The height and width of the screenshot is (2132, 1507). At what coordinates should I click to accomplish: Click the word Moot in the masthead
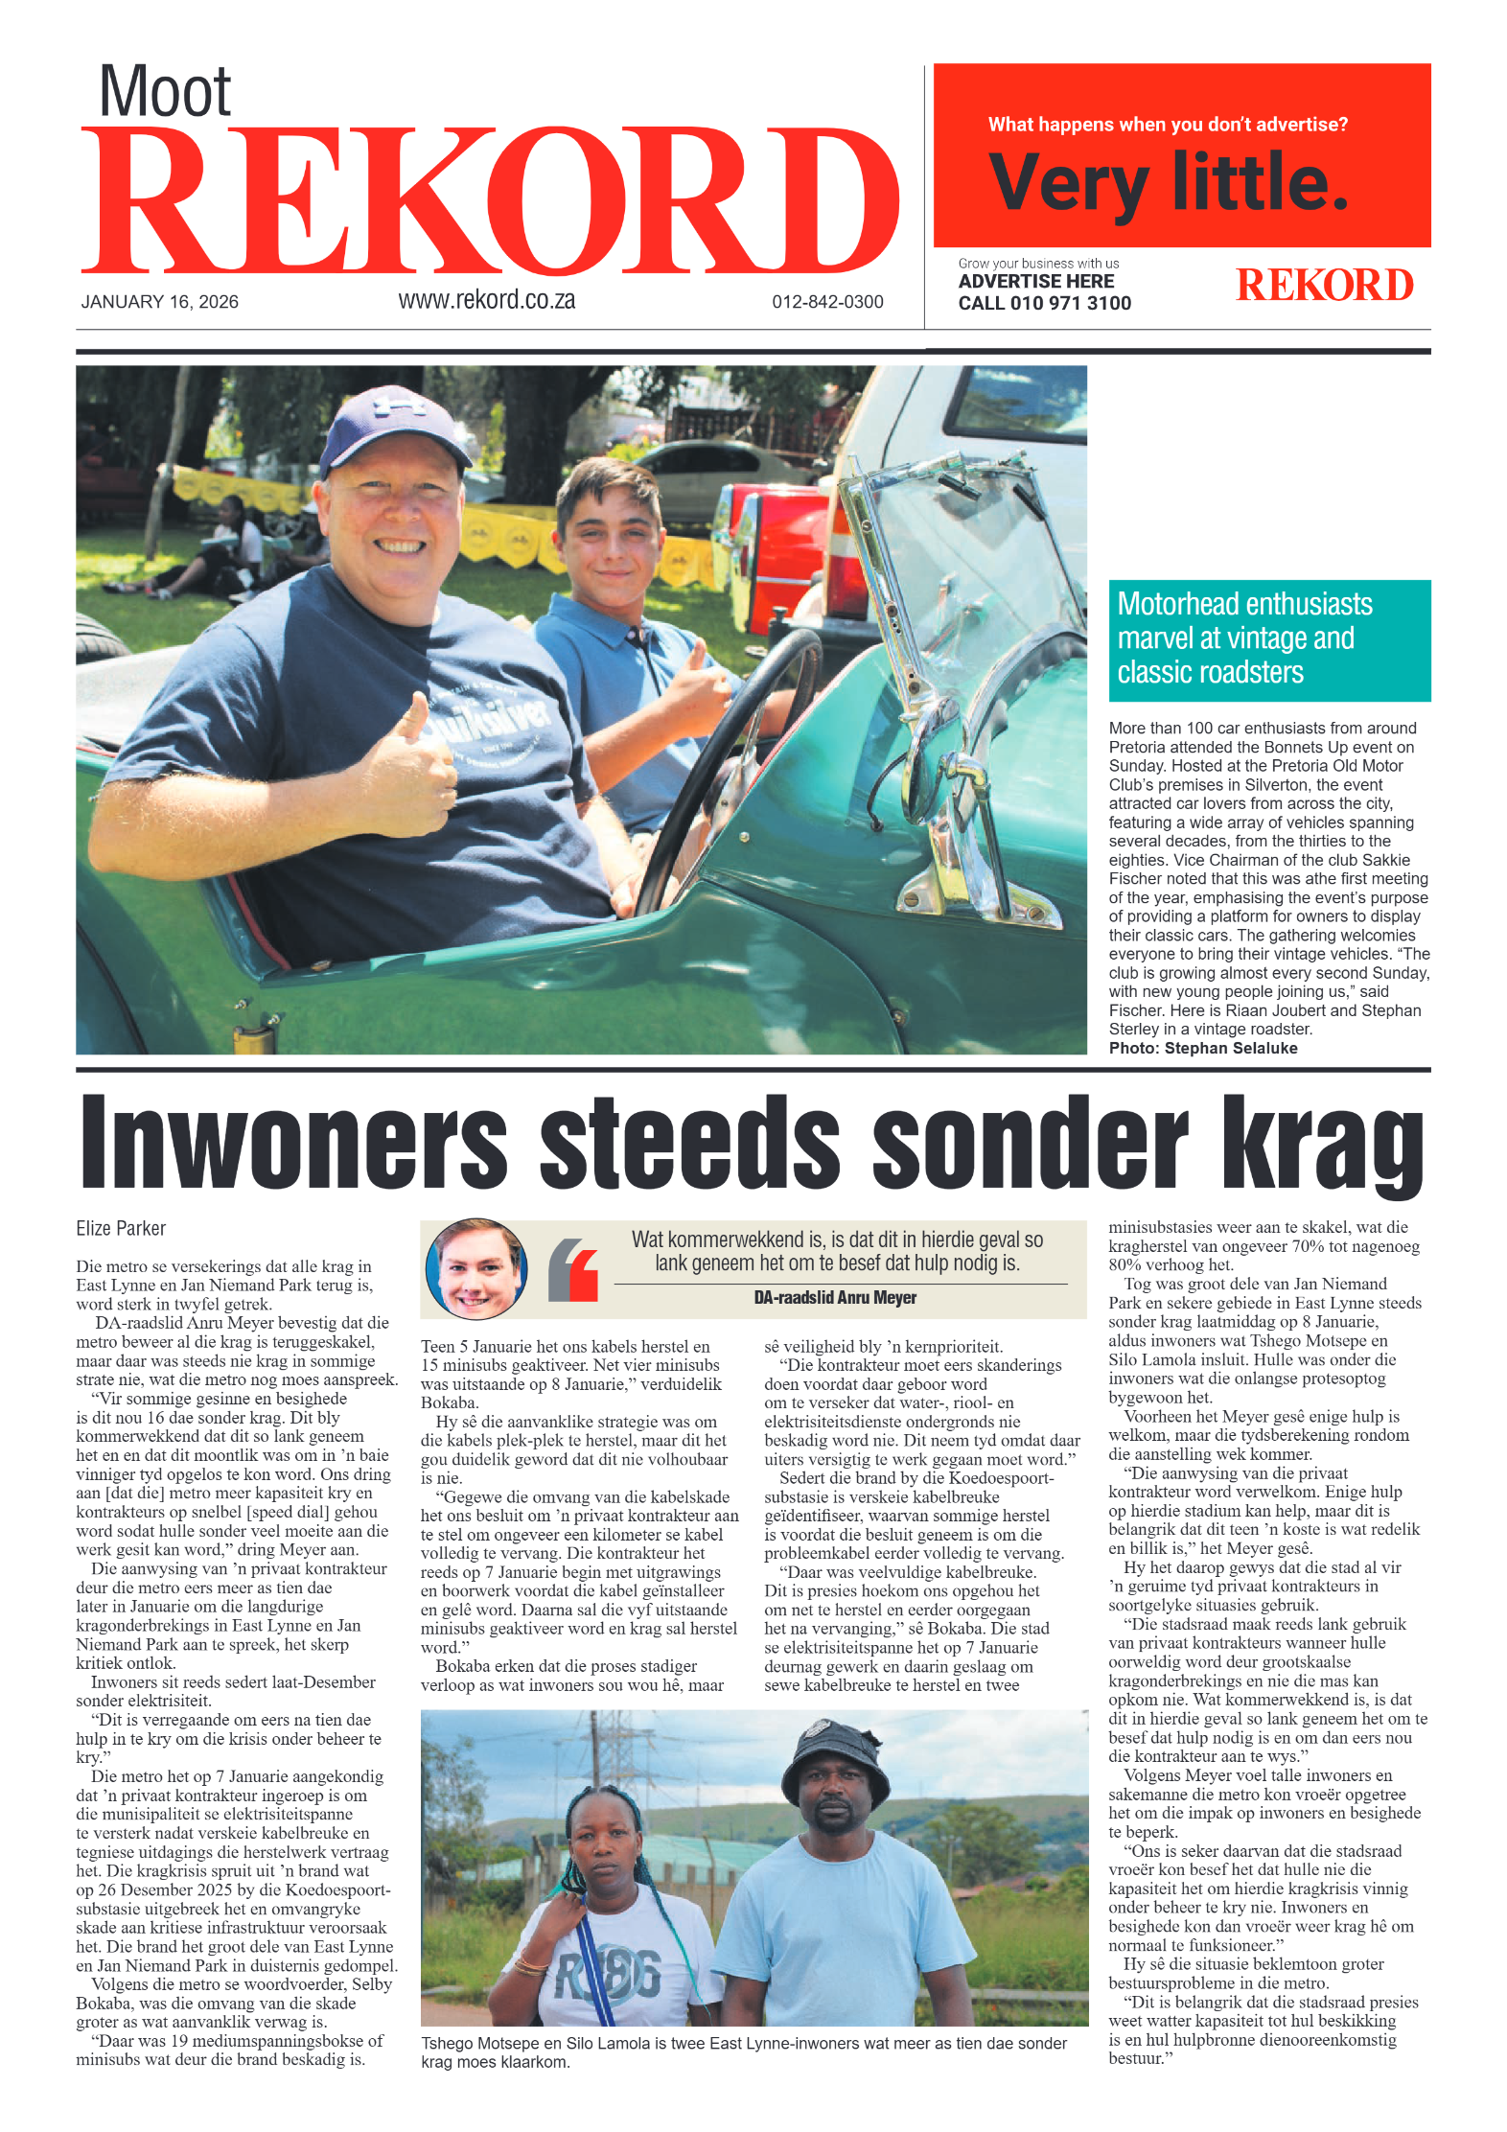click(165, 92)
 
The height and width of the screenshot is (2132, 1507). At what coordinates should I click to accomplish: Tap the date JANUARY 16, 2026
click(159, 302)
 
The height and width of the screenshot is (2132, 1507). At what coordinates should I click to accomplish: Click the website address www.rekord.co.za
click(486, 300)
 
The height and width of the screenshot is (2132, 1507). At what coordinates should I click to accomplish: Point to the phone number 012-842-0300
click(827, 302)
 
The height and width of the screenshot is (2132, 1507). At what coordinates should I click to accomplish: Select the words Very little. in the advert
click(1168, 182)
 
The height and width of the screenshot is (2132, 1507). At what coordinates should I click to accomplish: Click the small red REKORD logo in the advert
click(1324, 285)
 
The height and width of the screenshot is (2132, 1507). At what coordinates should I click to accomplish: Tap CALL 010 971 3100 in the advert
click(1044, 304)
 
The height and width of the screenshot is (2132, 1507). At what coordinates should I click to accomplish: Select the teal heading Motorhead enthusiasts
click(1244, 605)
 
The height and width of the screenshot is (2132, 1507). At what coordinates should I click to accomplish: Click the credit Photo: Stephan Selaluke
click(1202, 1049)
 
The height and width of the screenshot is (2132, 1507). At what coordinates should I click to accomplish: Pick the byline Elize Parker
click(121, 1229)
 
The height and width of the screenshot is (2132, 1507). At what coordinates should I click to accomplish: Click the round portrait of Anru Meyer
click(475, 1269)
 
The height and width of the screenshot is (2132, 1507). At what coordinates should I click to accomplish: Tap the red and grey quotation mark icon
click(573, 1269)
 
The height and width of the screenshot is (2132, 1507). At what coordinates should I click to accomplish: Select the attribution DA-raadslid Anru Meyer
click(835, 1298)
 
